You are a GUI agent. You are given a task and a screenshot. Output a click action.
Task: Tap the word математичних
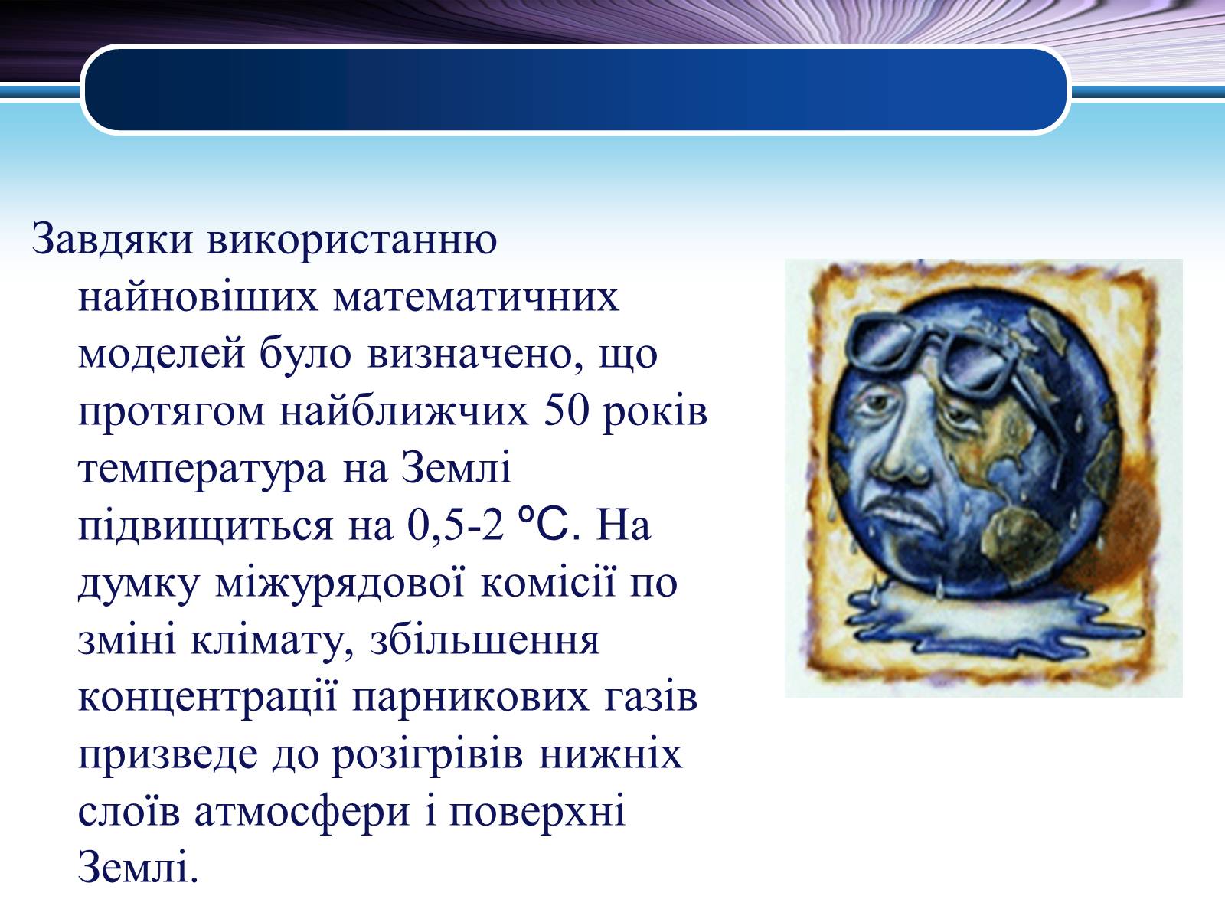pos(476,297)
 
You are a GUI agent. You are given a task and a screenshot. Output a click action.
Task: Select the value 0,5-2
pos(456,526)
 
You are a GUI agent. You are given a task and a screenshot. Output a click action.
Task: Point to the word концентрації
pos(207,698)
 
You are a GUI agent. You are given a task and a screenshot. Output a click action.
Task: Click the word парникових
pos(470,698)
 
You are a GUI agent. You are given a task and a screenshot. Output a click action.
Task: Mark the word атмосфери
pos(302,813)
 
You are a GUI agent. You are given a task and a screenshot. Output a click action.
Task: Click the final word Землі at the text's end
pos(138,868)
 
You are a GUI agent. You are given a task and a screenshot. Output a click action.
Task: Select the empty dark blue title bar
pos(576,90)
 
